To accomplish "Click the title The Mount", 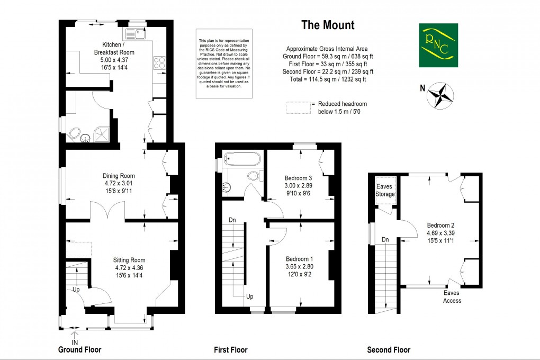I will click(328, 25).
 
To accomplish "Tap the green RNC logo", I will click(438, 45).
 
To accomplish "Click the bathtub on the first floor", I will click(242, 158).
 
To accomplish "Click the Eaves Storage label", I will click(385, 191).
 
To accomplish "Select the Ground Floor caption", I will click(79, 349).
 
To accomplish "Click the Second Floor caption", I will click(389, 350).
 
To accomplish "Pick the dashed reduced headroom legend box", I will click(297, 107).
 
